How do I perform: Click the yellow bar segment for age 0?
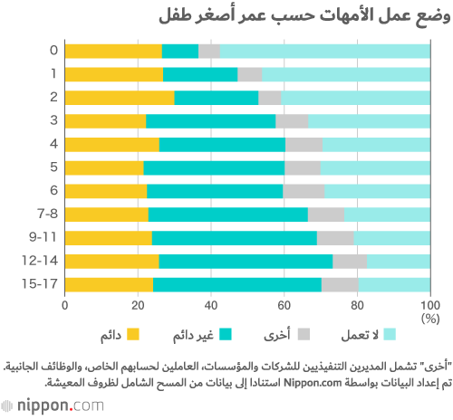[x=113, y=51]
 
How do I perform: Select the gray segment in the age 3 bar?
[x=292, y=121]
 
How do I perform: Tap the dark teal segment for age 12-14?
[x=246, y=262]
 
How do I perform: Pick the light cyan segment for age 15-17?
[x=394, y=285]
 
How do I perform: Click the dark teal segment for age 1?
[x=200, y=74]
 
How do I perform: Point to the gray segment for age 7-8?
[x=326, y=215]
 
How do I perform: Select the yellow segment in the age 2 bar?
[x=120, y=98]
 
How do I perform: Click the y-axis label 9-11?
[x=43, y=237]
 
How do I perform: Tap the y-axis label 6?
[x=53, y=190]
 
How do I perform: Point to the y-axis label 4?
[x=53, y=144]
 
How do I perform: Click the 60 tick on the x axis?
[x=284, y=306]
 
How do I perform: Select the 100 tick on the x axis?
[x=430, y=306]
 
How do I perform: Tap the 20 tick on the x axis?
[x=138, y=306]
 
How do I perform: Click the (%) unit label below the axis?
[x=430, y=319]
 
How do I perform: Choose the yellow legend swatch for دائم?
[x=133, y=335]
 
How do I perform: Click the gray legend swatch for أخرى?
[x=304, y=335]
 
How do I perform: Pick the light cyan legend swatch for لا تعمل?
[x=390, y=335]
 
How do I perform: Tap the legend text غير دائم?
[x=193, y=335]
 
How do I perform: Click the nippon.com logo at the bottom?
[x=53, y=406]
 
